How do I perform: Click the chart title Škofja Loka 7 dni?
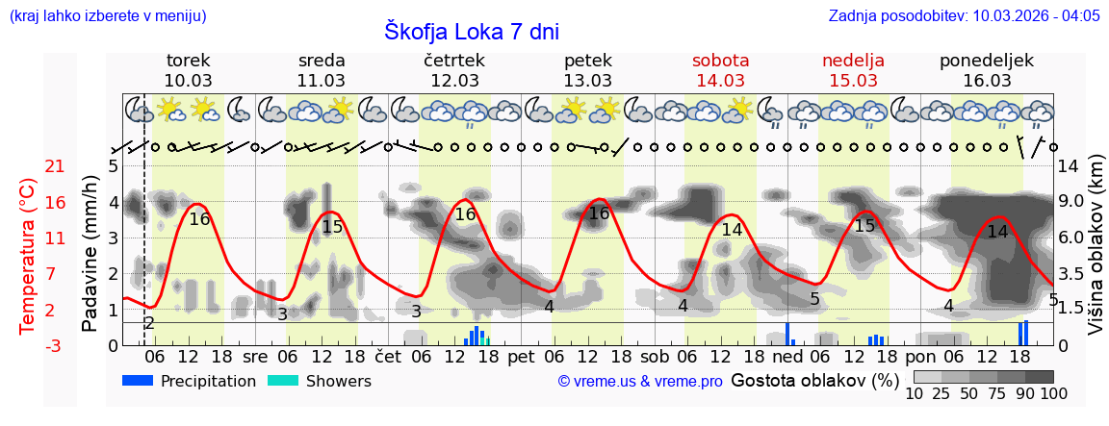pyautogui.click(x=471, y=31)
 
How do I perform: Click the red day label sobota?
pyautogui.click(x=720, y=61)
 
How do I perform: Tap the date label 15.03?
pyautogui.click(x=853, y=81)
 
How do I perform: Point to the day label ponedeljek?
pyautogui.click(x=986, y=61)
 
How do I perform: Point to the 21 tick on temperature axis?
pyautogui.click(x=55, y=166)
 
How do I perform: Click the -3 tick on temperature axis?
pyautogui.click(x=55, y=345)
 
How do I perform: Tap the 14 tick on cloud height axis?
pyautogui.click(x=1069, y=166)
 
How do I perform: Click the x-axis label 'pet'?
pyautogui.click(x=521, y=356)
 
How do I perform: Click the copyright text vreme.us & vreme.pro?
pyautogui.click(x=640, y=382)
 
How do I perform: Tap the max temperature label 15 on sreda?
pyautogui.click(x=332, y=227)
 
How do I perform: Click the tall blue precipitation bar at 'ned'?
pyautogui.click(x=787, y=334)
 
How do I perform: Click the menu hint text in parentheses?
pyautogui.click(x=108, y=15)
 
